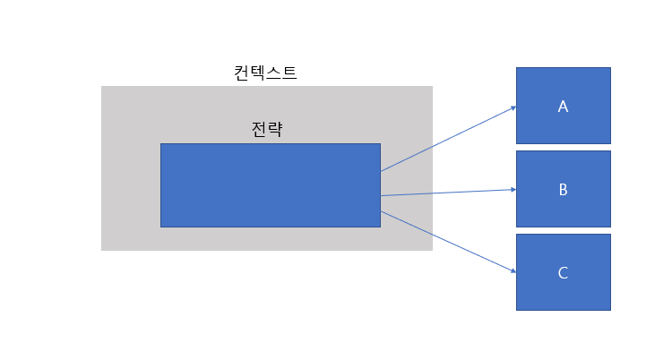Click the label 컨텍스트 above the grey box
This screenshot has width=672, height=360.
coord(265,73)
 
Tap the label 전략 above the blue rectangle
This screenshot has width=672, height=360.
coord(268,129)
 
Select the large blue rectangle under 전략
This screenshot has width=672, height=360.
coord(270,184)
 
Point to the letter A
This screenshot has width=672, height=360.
coord(563,107)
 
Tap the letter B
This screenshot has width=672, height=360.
coord(563,190)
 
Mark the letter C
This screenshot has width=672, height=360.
coord(563,273)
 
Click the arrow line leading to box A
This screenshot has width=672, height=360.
coord(448,139)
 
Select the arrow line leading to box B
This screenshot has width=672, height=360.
coord(448,193)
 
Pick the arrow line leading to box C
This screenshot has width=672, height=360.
coord(448,242)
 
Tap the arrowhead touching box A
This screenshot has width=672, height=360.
coord(513,107)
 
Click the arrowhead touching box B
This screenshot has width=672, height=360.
coord(513,189)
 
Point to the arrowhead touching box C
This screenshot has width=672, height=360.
coord(513,271)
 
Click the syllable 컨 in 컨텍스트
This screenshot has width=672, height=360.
coord(242,73)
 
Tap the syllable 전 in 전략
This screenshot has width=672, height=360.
coord(260,129)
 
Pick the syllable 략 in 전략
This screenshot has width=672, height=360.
coord(276,129)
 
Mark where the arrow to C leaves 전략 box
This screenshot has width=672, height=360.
coord(382,211)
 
